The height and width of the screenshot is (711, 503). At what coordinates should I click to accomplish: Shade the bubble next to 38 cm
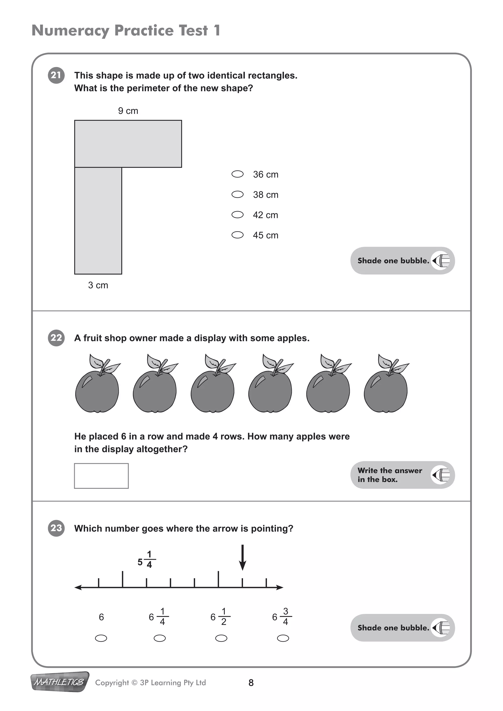[x=238, y=194]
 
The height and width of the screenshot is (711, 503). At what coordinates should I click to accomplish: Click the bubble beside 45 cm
[x=238, y=235]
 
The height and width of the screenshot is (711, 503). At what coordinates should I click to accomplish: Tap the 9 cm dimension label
[x=128, y=111]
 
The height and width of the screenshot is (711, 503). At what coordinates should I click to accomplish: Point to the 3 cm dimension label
[x=98, y=285]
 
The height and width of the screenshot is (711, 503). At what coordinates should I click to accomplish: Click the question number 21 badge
[x=56, y=75]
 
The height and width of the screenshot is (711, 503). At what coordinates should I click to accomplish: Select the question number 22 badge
[x=56, y=338]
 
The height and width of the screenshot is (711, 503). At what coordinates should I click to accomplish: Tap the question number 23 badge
[x=56, y=528]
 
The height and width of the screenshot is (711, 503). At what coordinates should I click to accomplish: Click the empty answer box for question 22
[x=101, y=476]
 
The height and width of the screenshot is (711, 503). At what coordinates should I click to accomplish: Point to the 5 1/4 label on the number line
[x=146, y=560]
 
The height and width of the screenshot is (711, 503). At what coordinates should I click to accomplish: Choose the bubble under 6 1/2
[x=221, y=638]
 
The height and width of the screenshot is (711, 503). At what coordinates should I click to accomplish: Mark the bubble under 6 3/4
[x=283, y=638]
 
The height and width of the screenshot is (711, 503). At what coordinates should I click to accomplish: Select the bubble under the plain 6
[x=101, y=638]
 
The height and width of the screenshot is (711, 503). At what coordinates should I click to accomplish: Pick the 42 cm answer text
[x=265, y=215]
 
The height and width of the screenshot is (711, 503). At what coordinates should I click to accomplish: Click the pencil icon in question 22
[x=441, y=475]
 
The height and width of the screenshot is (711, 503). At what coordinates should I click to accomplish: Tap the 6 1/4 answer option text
[x=159, y=617]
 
